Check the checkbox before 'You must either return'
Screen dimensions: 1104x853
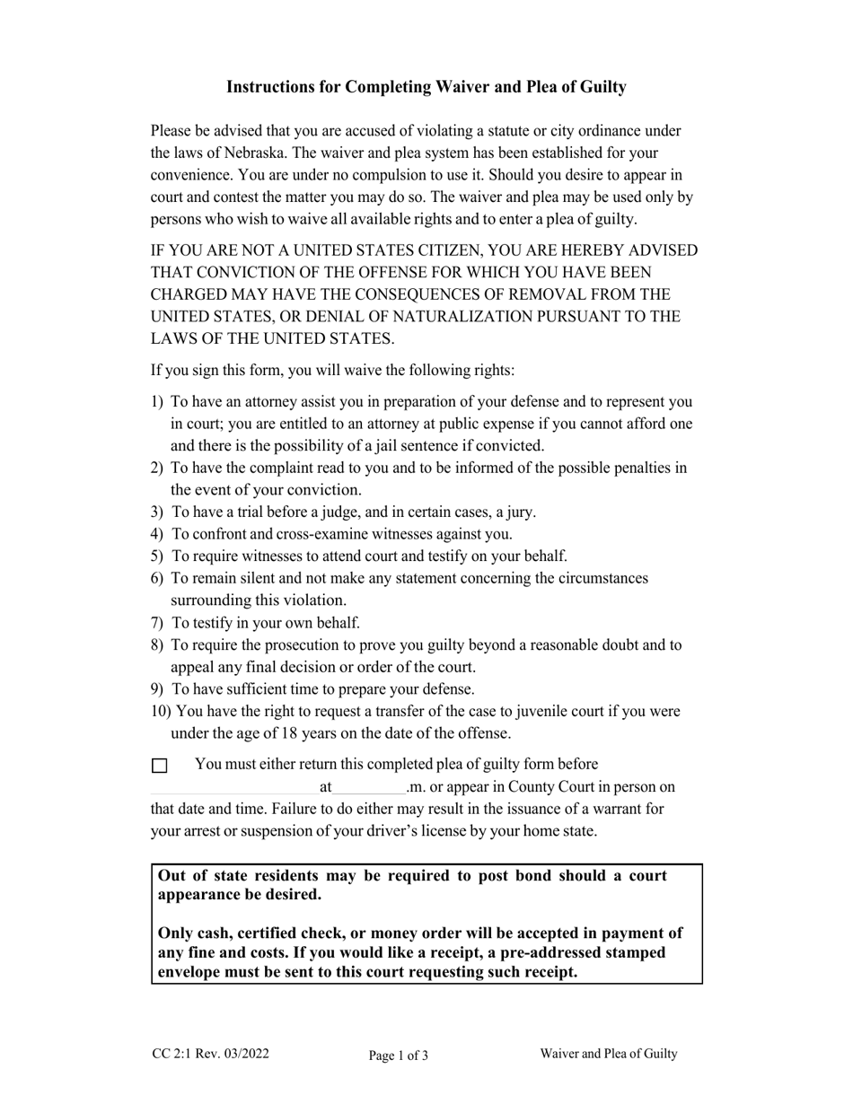(159, 766)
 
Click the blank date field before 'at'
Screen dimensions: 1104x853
(235, 788)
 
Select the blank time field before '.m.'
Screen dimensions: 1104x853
(369, 788)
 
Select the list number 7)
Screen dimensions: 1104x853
(158, 623)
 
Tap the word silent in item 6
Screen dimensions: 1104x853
(257, 579)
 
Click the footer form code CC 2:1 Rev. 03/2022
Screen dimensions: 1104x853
(210, 1055)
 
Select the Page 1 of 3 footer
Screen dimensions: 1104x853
(398, 1056)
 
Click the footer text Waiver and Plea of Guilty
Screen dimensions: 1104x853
(608, 1055)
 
